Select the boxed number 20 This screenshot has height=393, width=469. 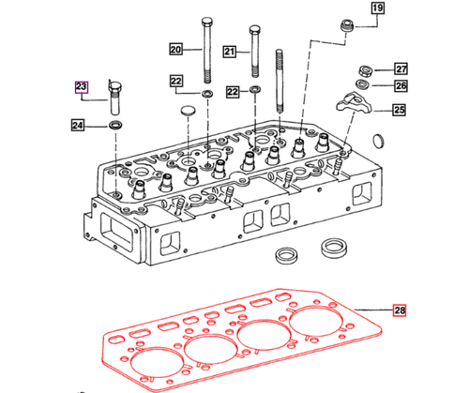pyautogui.click(x=176, y=49)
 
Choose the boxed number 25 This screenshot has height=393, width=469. pyautogui.click(x=400, y=111)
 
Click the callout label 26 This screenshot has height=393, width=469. pyautogui.click(x=401, y=86)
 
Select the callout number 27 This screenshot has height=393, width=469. pyautogui.click(x=401, y=68)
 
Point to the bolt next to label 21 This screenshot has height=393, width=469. pyautogui.click(x=254, y=52)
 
